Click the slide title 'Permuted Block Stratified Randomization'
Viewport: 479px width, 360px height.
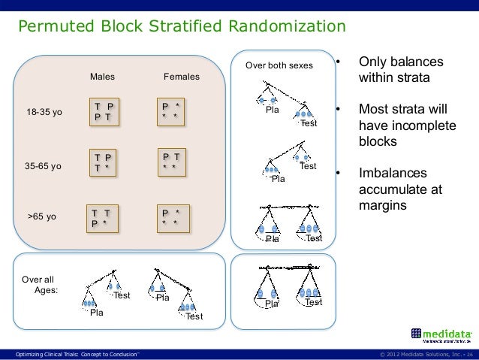click(182, 28)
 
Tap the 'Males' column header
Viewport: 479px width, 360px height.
click(103, 77)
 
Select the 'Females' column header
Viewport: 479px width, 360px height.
click(182, 77)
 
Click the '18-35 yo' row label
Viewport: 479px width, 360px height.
click(44, 113)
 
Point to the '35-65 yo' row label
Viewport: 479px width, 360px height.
click(44, 166)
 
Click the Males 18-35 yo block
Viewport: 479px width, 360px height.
click(104, 112)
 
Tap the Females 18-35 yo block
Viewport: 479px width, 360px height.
click(170, 111)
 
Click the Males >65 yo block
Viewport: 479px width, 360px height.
click(99, 218)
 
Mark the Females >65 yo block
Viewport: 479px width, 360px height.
click(170, 218)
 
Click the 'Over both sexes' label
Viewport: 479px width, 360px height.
click(279, 66)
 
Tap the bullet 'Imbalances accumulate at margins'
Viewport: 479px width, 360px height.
click(402, 189)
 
